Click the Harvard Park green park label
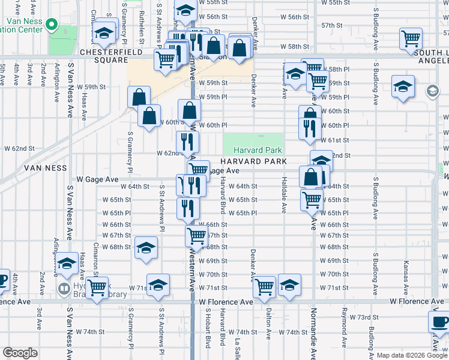[x=253, y=150]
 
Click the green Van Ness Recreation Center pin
[x=53, y=25]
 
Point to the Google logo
[x=20, y=353]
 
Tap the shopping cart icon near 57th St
[x=411, y=40]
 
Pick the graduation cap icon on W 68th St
[x=146, y=248]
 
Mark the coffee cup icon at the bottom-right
[x=439, y=322]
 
